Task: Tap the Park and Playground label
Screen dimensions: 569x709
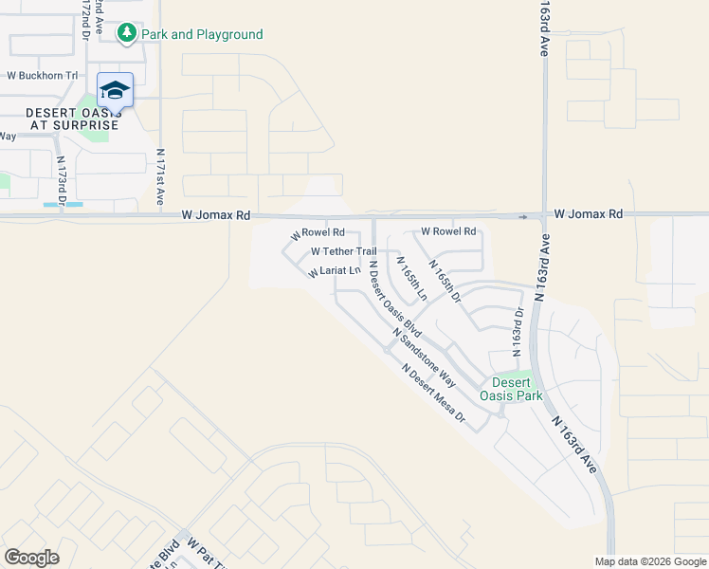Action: point(202,35)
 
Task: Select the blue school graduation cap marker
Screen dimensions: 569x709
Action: point(115,90)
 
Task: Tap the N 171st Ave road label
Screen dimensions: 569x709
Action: point(161,178)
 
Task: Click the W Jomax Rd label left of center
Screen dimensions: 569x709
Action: point(216,216)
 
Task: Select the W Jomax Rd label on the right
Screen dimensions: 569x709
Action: point(589,215)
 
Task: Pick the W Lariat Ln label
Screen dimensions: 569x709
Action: point(335,272)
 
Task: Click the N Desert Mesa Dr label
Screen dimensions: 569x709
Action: point(434,393)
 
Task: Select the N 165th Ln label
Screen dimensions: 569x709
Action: point(411,279)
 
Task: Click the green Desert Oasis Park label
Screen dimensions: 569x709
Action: point(511,389)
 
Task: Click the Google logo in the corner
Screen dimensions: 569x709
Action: point(31,558)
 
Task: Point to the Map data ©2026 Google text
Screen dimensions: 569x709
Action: point(649,561)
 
